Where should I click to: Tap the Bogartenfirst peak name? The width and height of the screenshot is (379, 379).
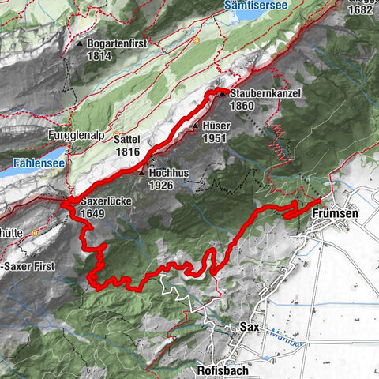point(118,43)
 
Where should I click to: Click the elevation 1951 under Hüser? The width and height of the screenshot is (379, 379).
point(216,138)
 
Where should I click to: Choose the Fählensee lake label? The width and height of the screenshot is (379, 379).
point(34,167)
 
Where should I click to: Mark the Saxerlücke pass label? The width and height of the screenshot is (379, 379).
point(105,201)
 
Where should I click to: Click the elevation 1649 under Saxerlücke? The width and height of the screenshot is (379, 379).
point(93,214)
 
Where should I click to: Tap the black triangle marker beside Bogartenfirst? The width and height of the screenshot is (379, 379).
point(81,43)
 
